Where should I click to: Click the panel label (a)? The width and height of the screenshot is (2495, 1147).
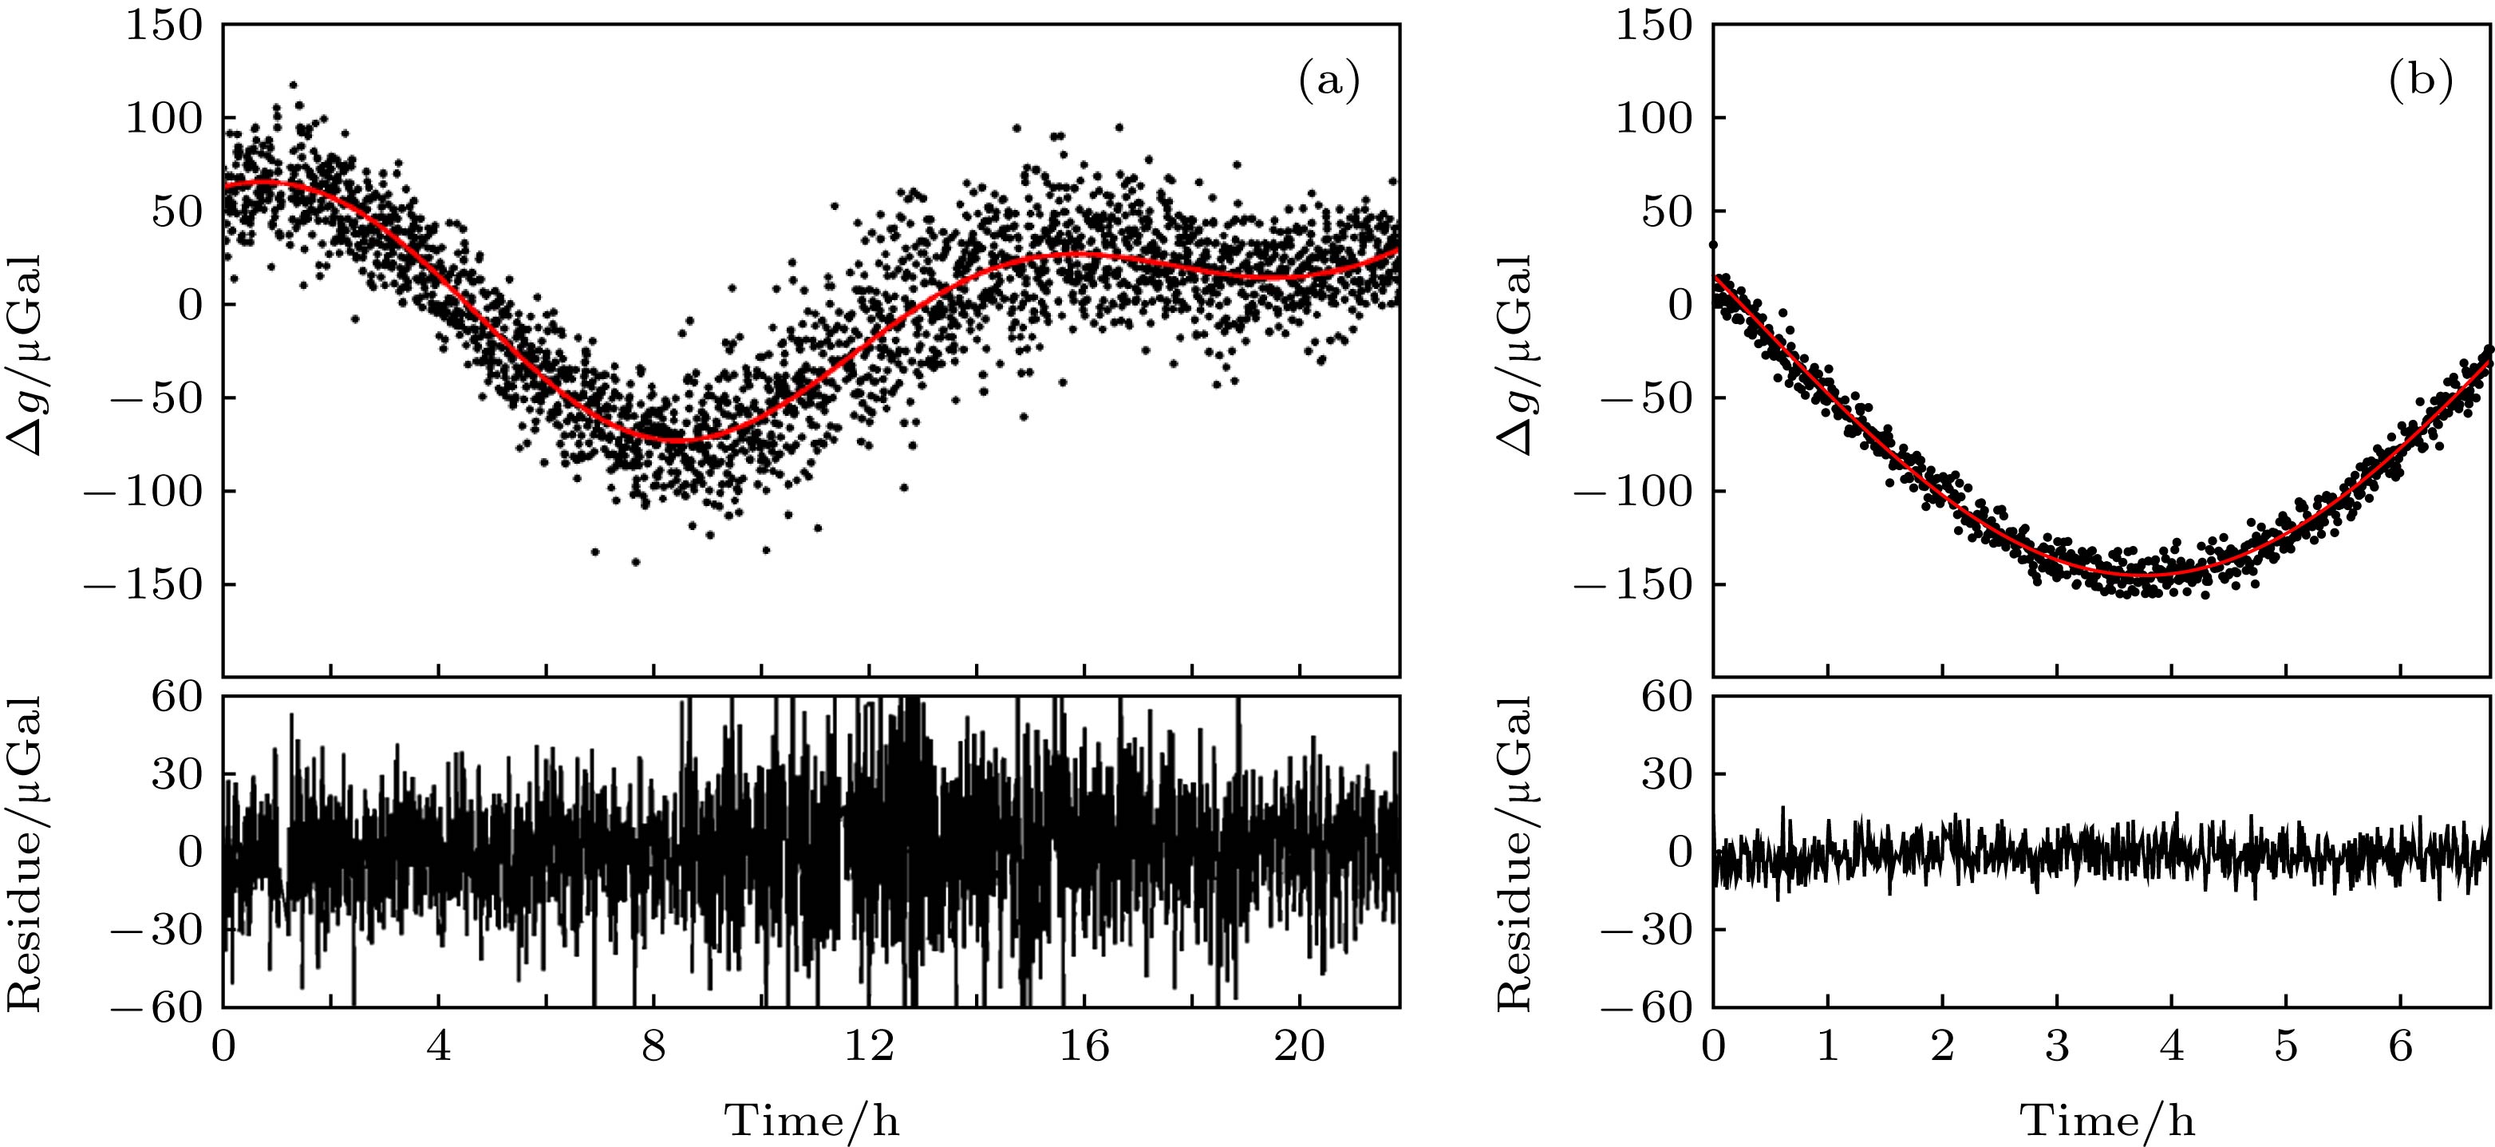[x=1328, y=82]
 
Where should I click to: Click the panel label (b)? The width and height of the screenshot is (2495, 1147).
[x=2419, y=82]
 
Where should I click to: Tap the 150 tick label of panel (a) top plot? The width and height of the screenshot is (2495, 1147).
[x=164, y=26]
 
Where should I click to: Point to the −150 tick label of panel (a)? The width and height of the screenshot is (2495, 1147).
[x=145, y=585]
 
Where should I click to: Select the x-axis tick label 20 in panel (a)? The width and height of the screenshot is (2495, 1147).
[x=1299, y=1047]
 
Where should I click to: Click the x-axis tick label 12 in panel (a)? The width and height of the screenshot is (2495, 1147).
[x=869, y=1047]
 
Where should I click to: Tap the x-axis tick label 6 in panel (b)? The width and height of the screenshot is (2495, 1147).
[x=2400, y=1047]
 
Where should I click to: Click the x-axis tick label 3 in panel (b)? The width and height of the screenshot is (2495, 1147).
[x=2056, y=1047]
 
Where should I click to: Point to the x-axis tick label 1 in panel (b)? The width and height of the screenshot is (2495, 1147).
[x=1828, y=1047]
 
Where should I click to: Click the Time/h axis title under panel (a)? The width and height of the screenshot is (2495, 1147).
[x=811, y=1121]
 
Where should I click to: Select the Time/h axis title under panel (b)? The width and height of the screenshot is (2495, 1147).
[x=2106, y=1121]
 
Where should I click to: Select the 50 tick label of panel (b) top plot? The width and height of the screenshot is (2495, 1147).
[x=1666, y=212]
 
